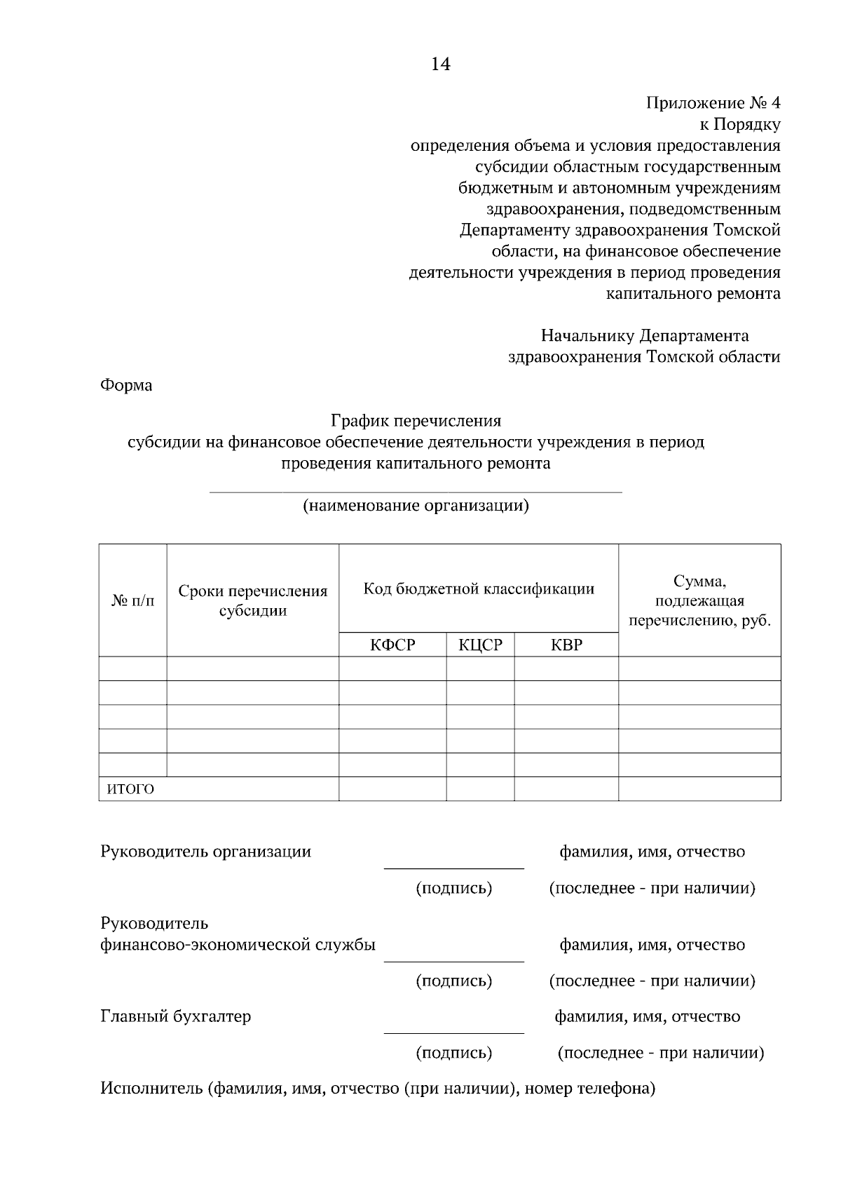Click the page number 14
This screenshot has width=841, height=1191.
click(x=440, y=65)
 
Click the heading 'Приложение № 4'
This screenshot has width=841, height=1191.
click(x=713, y=104)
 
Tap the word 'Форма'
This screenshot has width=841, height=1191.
click(x=126, y=385)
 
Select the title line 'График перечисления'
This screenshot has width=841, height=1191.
click(x=416, y=421)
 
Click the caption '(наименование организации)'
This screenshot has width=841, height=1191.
click(x=416, y=506)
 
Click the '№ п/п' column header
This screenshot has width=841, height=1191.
click(x=133, y=600)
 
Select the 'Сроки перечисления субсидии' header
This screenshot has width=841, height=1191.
click(x=253, y=600)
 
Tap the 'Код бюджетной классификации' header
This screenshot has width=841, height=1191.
click(x=479, y=588)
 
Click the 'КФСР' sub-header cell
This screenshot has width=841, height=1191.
click(x=392, y=645)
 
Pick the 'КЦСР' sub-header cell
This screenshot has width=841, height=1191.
click(x=481, y=645)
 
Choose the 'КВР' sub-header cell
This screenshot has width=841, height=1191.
click(x=566, y=645)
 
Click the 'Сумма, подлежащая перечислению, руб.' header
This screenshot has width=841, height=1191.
click(x=699, y=600)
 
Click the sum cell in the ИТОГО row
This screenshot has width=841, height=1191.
click(x=699, y=789)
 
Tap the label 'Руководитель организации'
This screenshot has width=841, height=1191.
click(x=206, y=852)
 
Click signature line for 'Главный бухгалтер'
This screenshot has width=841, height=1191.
click(x=453, y=1032)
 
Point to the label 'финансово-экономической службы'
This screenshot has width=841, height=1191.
click(x=238, y=945)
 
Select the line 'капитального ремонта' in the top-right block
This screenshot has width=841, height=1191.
click(x=692, y=294)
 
